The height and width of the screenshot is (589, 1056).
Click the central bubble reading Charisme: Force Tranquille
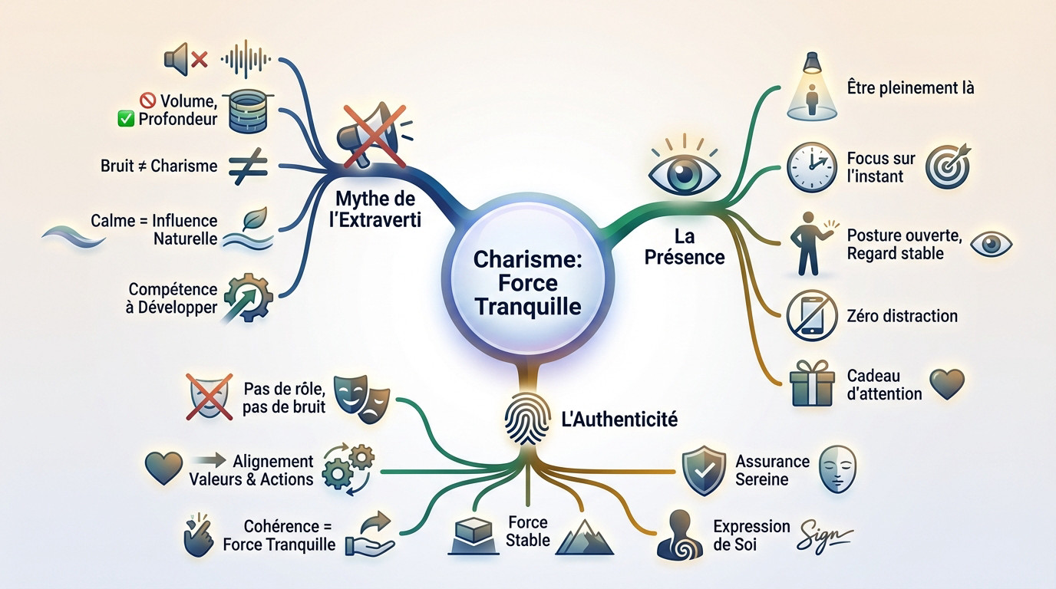click(527, 283)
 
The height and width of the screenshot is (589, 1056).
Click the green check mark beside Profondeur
click(127, 119)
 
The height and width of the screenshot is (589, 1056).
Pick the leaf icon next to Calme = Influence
click(253, 219)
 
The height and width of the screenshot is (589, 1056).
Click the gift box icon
click(810, 383)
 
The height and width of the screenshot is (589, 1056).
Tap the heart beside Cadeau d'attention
click(946, 383)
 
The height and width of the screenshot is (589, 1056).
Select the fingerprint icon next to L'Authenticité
click(524, 420)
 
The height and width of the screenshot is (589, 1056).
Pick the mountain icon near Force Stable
click(585, 536)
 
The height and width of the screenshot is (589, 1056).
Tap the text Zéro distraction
click(903, 315)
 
